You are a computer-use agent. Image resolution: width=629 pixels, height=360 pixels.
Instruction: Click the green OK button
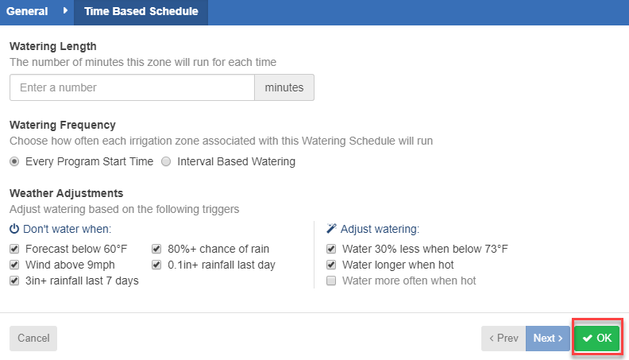tap(597, 338)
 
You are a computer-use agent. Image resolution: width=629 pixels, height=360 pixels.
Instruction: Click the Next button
tap(547, 339)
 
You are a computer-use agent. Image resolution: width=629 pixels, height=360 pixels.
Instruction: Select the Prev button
tap(504, 339)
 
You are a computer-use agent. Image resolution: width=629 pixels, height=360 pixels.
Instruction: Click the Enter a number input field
tap(132, 87)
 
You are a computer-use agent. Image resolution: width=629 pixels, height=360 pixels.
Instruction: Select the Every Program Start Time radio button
tap(14, 161)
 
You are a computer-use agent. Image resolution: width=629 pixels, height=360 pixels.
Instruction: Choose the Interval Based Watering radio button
tap(166, 161)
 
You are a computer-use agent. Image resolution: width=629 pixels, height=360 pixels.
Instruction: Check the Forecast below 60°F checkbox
tap(14, 249)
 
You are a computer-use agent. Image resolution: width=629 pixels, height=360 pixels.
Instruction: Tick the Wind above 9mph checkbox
tap(14, 265)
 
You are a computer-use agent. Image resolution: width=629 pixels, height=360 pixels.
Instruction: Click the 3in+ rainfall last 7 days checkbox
tap(14, 281)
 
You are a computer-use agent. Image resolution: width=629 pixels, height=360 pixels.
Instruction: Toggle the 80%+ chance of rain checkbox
tap(156, 249)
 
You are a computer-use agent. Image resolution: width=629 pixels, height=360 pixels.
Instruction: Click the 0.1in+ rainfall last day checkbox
tap(156, 265)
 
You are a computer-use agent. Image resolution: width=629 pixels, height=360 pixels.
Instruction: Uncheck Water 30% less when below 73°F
tap(331, 249)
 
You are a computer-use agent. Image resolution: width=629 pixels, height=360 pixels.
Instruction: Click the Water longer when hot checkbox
tap(331, 265)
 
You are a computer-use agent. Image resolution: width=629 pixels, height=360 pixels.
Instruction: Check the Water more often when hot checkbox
tap(331, 281)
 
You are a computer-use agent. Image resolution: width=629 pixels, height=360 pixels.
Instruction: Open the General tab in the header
tap(27, 11)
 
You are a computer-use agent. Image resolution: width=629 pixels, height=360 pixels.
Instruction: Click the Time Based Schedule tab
tap(141, 11)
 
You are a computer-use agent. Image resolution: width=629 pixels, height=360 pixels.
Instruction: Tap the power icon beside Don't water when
tap(14, 229)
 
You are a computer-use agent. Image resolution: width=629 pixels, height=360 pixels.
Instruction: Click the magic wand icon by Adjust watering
tap(331, 228)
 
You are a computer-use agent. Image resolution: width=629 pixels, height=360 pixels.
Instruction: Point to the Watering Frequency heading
tap(63, 125)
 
